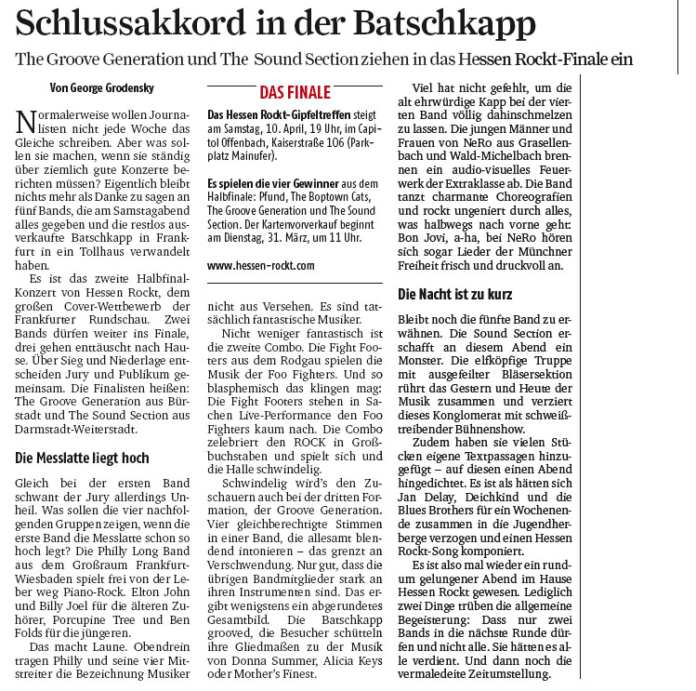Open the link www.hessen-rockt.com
261,265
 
